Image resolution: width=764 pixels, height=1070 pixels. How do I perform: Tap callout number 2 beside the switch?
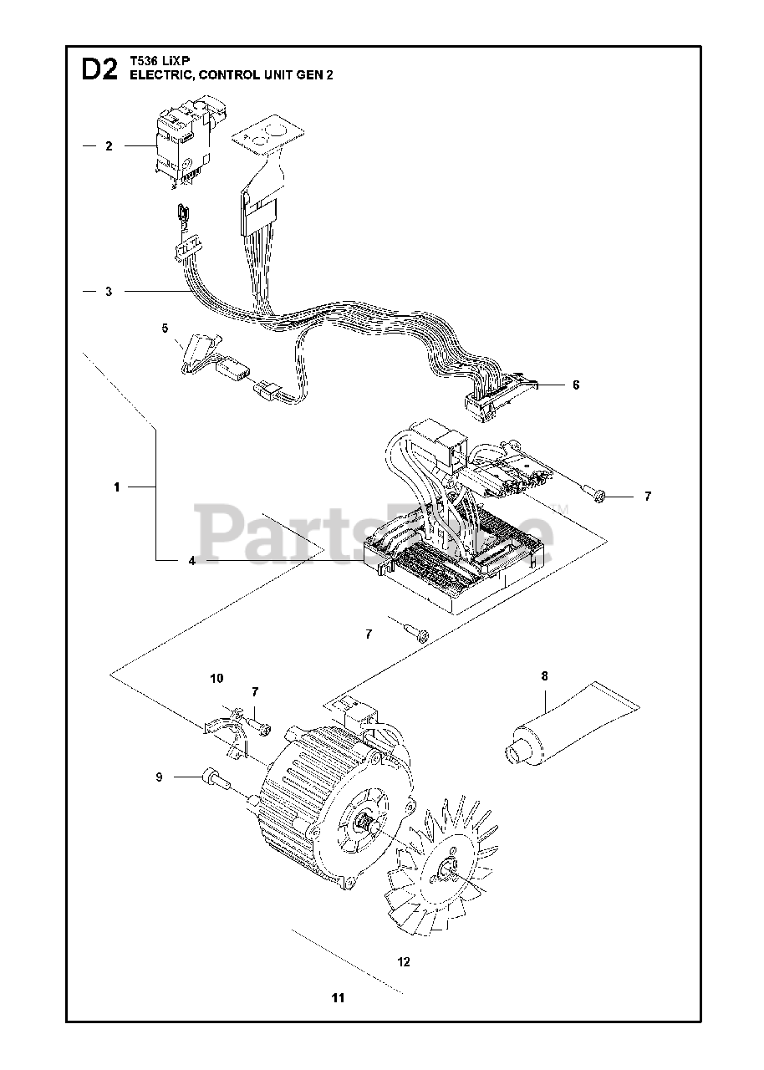pyautogui.click(x=109, y=145)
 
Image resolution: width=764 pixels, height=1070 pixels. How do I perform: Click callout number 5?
pyautogui.click(x=165, y=328)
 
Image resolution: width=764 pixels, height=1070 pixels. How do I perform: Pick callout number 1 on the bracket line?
pyautogui.click(x=117, y=487)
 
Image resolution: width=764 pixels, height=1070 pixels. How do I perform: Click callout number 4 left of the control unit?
pyautogui.click(x=191, y=561)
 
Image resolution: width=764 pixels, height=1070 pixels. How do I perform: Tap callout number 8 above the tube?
pyautogui.click(x=544, y=676)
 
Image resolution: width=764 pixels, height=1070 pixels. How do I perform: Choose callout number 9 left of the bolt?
pyautogui.click(x=158, y=777)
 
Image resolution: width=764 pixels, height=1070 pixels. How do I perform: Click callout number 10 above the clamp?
pyautogui.click(x=216, y=678)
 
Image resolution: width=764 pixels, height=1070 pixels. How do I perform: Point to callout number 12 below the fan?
pyautogui.click(x=404, y=962)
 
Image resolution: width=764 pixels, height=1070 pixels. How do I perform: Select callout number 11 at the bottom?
pyautogui.click(x=338, y=998)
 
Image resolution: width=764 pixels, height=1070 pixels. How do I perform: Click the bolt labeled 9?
pyautogui.click(x=212, y=778)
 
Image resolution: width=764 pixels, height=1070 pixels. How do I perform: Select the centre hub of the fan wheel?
pyautogui.click(x=448, y=869)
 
